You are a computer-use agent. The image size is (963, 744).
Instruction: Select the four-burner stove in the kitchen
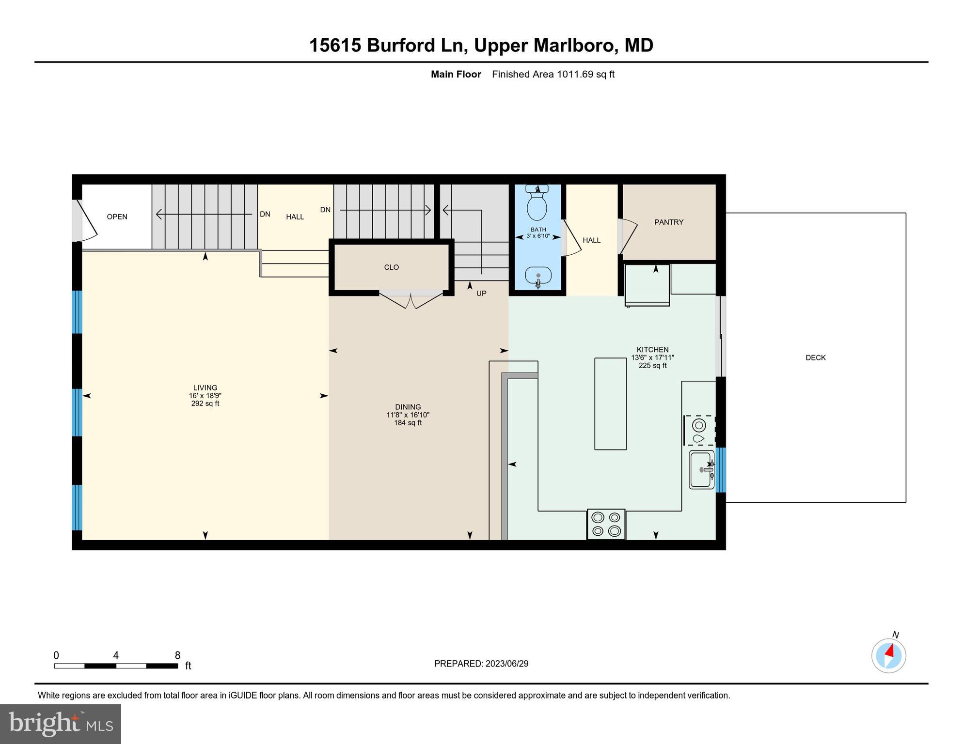click(x=606, y=524)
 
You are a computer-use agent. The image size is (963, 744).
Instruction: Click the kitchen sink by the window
click(x=701, y=469)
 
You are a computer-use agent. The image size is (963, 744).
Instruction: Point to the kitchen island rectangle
click(x=610, y=403)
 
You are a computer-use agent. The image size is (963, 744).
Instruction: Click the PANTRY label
click(x=668, y=222)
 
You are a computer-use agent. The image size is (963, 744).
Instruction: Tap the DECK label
click(x=815, y=357)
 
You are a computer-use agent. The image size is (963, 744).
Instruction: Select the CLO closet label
click(x=391, y=267)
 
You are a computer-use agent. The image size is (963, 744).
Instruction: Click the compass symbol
click(x=888, y=656)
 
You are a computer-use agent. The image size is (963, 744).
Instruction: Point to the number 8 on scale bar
click(x=177, y=655)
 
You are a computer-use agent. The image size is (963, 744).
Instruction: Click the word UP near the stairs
click(x=481, y=293)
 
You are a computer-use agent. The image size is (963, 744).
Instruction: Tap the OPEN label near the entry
click(x=117, y=217)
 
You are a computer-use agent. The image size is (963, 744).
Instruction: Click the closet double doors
click(x=410, y=300)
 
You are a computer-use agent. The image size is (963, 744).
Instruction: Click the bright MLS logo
click(x=61, y=724)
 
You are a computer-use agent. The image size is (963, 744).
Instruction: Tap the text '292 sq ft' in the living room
click(x=205, y=403)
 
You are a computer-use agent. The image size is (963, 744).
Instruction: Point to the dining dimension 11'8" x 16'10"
click(x=408, y=415)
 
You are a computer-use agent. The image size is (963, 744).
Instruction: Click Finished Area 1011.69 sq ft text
click(x=553, y=74)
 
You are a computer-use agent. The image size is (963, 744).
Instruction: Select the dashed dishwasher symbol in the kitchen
click(x=699, y=430)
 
